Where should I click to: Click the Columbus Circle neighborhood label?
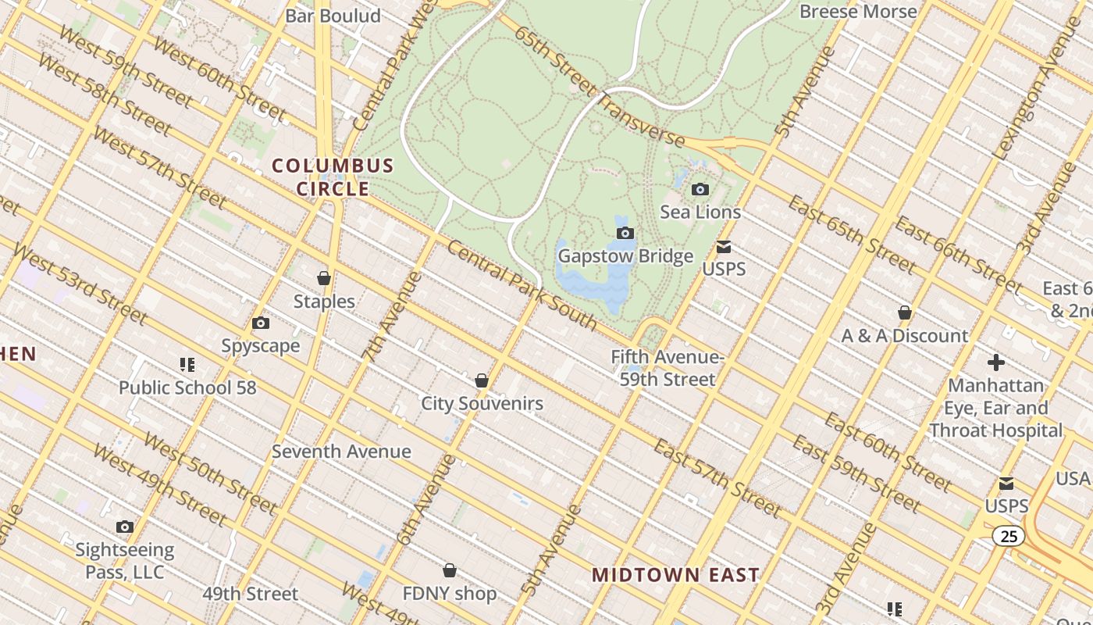coord(333,177)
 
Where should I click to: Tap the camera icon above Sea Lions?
coord(700,189)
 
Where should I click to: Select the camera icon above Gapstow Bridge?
coord(625,233)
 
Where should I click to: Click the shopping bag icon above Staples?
coord(324,278)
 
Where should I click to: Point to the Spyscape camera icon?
coord(261,323)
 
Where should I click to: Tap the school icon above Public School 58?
coord(187,364)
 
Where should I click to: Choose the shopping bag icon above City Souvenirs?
coord(482,380)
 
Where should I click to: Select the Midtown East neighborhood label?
coord(675,576)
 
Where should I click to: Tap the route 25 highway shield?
coord(1009,536)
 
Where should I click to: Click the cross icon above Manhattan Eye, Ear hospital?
coord(995,362)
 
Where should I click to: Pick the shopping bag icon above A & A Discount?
coord(905,312)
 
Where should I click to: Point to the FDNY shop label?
coord(450,594)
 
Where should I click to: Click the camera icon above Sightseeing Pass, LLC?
coord(125,527)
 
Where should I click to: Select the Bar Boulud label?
coord(333,16)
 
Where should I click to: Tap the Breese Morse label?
coord(858,12)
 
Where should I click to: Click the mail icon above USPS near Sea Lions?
coord(724,248)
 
